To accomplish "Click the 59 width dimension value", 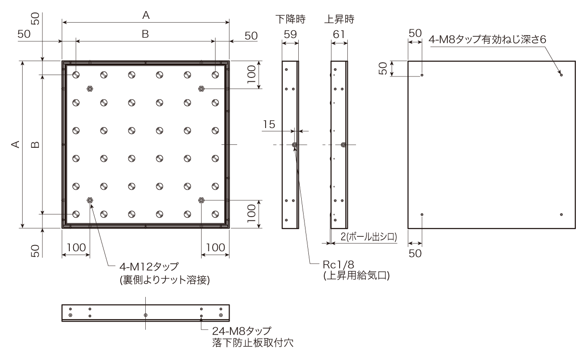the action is click(x=290, y=34).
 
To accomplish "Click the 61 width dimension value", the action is click(x=339, y=34).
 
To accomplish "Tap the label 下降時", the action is click(x=291, y=19).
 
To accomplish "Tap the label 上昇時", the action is click(x=339, y=19).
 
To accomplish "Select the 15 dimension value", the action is click(x=269, y=124).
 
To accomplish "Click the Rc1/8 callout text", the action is click(x=338, y=265).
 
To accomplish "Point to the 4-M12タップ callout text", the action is click(x=149, y=267).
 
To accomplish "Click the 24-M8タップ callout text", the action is click(x=242, y=331).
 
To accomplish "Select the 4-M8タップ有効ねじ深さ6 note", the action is click(x=487, y=39).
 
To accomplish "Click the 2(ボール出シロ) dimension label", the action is click(x=369, y=237).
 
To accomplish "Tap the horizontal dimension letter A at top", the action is click(x=146, y=15).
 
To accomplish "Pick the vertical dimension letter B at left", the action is click(x=35, y=144).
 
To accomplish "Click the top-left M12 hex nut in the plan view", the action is click(x=90, y=89).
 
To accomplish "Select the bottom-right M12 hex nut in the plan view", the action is click(x=201, y=200).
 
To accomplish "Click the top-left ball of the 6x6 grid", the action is click(x=76, y=75).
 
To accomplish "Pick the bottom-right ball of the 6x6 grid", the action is click(x=215, y=214).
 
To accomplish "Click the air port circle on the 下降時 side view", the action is click(x=294, y=145).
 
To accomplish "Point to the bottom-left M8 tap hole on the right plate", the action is click(x=422, y=215).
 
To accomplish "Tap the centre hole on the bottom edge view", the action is click(x=145, y=315).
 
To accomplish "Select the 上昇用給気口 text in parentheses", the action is click(x=356, y=276).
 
